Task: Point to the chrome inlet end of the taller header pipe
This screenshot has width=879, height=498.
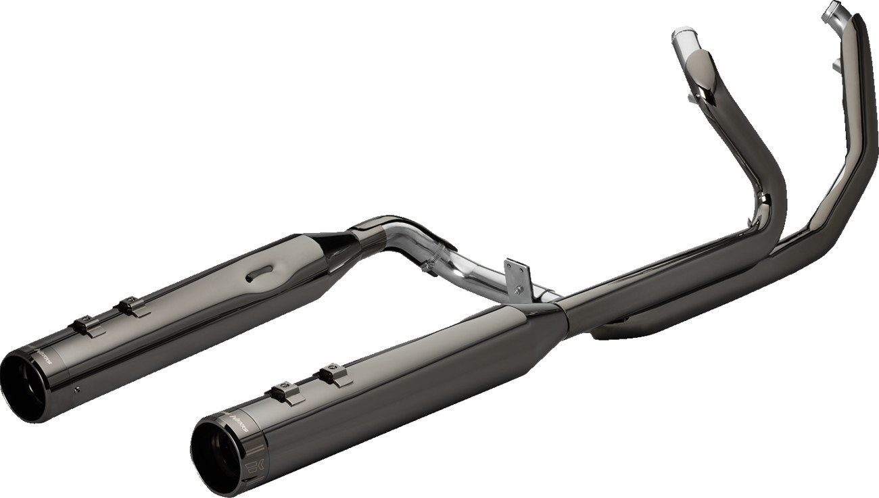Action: [833, 11]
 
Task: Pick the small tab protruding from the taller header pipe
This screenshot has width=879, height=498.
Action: [836, 66]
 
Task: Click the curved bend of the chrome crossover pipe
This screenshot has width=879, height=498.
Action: [406, 233]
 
